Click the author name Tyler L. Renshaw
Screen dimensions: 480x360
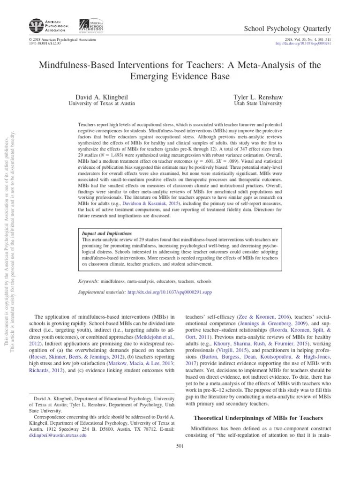tap(258, 97)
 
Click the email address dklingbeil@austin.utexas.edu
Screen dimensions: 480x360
tap(58, 435)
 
